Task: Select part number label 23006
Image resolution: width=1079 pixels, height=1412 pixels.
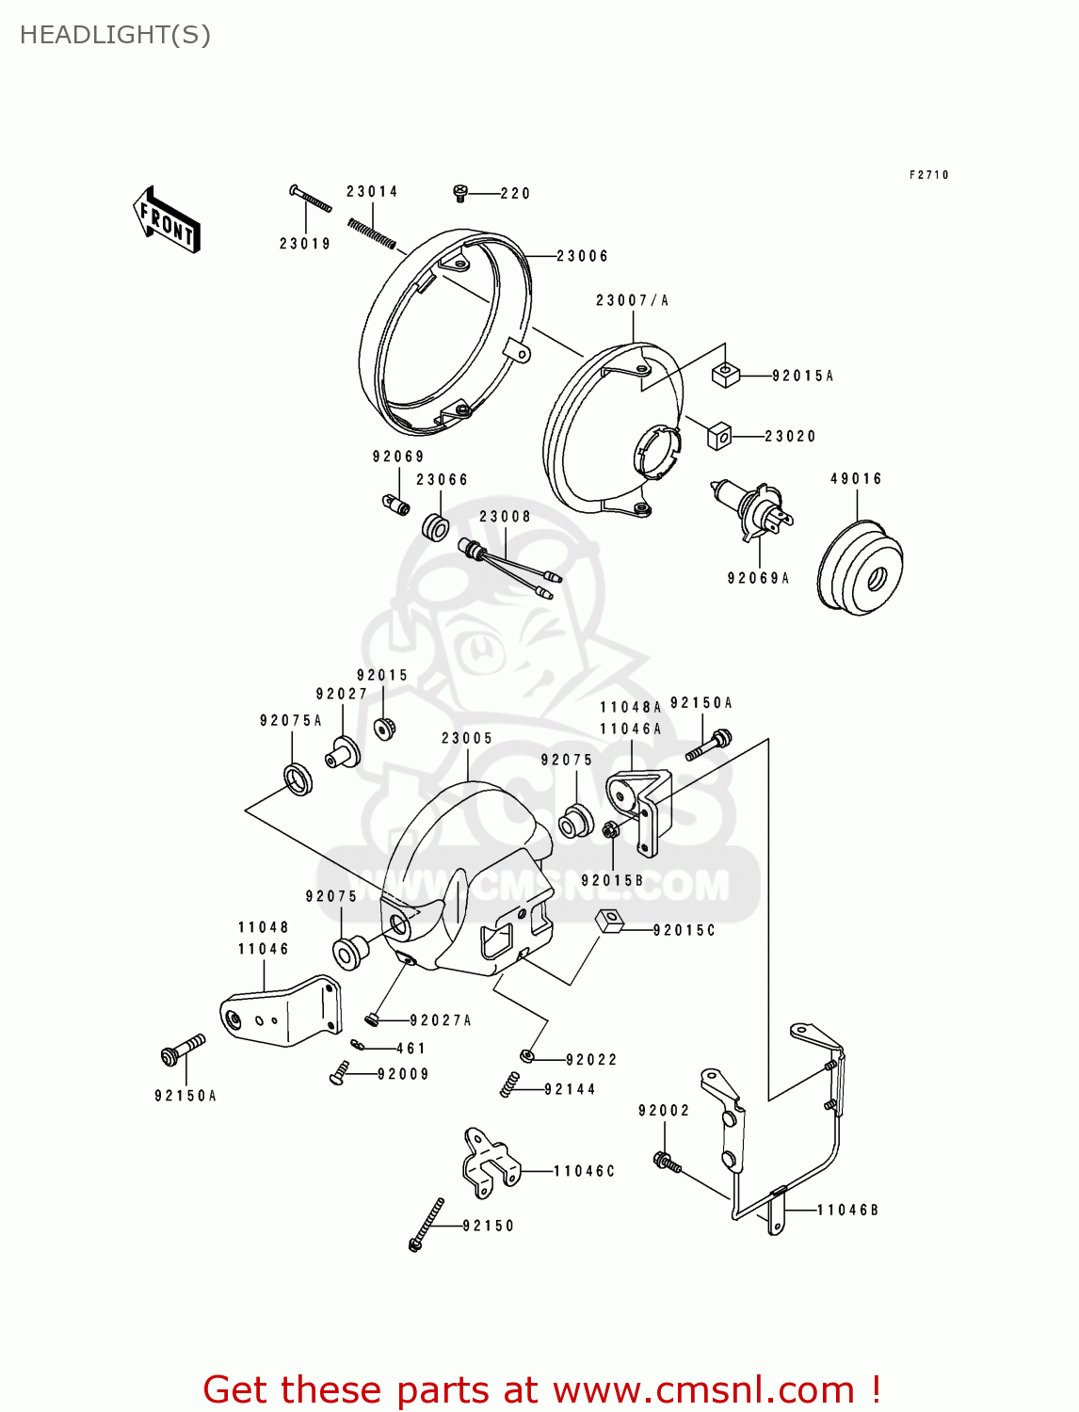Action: point(582,256)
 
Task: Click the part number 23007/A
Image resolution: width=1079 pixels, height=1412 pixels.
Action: point(632,300)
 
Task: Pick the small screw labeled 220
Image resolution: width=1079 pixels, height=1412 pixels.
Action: point(460,193)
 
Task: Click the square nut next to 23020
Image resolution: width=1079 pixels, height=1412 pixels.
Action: point(719,436)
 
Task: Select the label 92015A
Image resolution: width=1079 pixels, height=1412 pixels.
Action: point(802,376)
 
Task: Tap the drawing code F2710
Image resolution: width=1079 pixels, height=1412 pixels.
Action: point(928,175)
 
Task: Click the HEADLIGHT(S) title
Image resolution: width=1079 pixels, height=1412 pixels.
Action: point(115,35)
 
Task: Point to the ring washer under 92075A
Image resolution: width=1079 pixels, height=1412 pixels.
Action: point(298,778)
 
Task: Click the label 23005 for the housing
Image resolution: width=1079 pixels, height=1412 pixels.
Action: point(467,738)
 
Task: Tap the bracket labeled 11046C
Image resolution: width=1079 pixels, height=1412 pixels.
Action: point(490,1163)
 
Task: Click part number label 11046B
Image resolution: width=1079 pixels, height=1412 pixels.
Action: point(847,1210)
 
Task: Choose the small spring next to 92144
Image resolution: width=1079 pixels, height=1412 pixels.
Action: point(508,1084)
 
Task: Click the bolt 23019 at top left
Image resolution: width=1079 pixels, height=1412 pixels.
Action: point(310,200)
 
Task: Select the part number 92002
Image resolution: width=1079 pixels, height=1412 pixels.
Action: point(664,1111)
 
